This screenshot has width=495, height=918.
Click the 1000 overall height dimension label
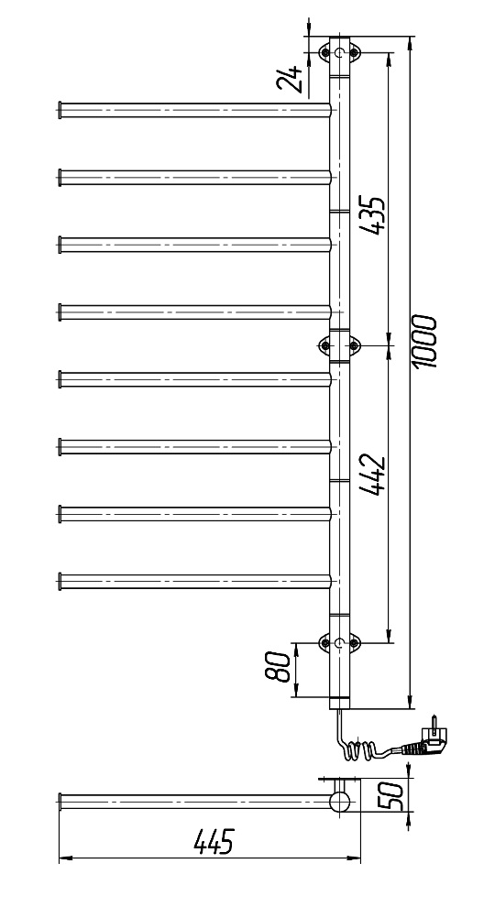[424, 342]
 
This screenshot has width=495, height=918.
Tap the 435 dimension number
[373, 215]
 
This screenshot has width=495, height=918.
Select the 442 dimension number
[373, 475]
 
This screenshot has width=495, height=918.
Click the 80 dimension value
[279, 667]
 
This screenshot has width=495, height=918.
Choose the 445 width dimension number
[214, 841]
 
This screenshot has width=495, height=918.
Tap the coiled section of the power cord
[357, 750]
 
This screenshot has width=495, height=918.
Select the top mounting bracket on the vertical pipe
[339, 53]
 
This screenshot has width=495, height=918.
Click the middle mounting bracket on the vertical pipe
[339, 346]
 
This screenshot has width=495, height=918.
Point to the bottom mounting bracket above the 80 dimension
[339, 643]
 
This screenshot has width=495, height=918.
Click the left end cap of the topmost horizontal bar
[60, 109]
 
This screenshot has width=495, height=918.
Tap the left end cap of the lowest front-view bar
[60, 581]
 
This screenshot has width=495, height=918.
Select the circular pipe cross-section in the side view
[340, 802]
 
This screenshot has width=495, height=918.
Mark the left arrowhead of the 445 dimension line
[64, 858]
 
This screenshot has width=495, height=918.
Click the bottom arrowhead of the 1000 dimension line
[410, 703]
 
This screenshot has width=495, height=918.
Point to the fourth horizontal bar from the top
[194, 312]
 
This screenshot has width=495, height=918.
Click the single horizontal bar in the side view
[194, 802]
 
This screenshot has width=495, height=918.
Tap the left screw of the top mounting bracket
[325, 53]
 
